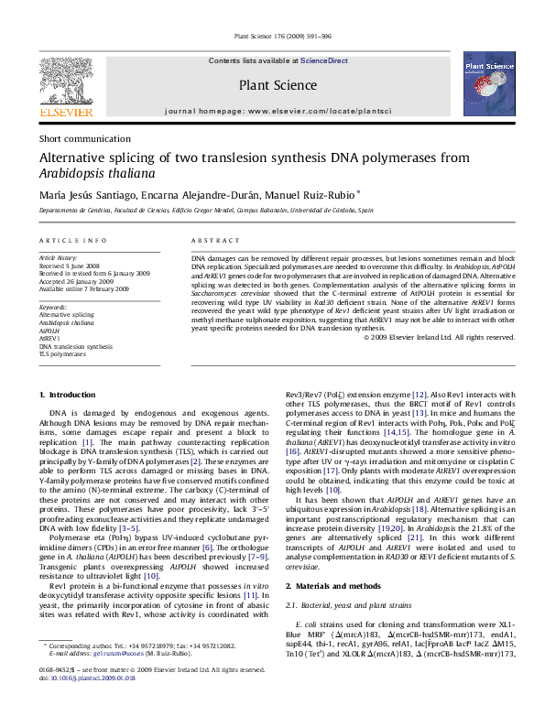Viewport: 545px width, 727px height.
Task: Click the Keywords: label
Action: click(52, 307)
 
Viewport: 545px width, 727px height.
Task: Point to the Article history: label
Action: click(58, 259)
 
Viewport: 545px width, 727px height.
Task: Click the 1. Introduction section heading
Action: click(71, 394)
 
